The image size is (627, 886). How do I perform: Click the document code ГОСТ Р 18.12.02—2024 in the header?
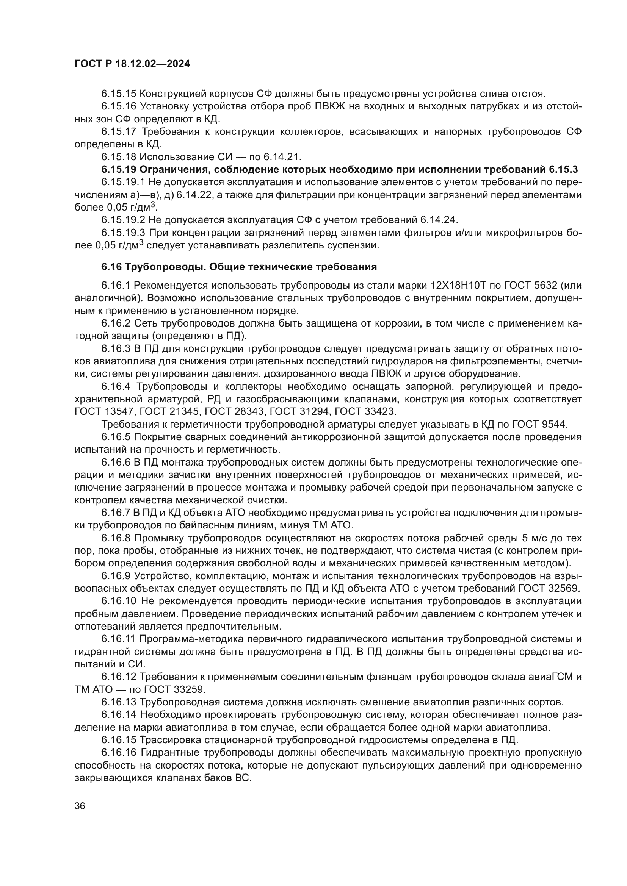(x=132, y=64)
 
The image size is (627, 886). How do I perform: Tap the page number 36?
(x=80, y=806)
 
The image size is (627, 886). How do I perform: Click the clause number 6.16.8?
(x=116, y=538)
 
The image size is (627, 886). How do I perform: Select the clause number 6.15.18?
(x=119, y=157)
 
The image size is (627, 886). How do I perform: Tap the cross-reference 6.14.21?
(x=281, y=157)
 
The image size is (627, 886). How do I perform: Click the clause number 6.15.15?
(x=119, y=94)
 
